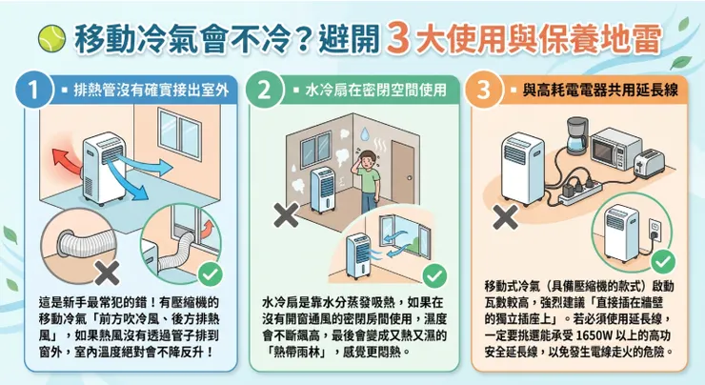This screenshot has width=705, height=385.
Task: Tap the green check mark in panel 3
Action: click(665, 262)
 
